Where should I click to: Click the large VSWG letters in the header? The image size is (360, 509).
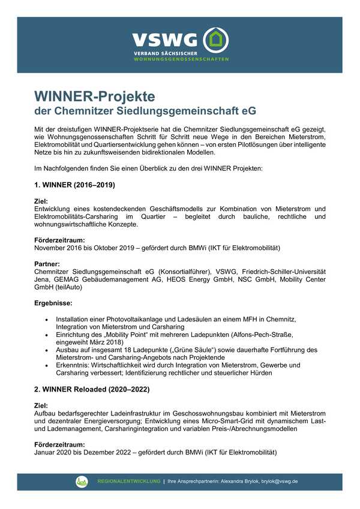point(165,40)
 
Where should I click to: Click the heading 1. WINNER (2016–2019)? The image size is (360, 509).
point(74,185)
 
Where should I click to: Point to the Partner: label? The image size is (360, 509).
point(48,264)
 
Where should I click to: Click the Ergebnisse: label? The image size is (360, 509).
point(53,304)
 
